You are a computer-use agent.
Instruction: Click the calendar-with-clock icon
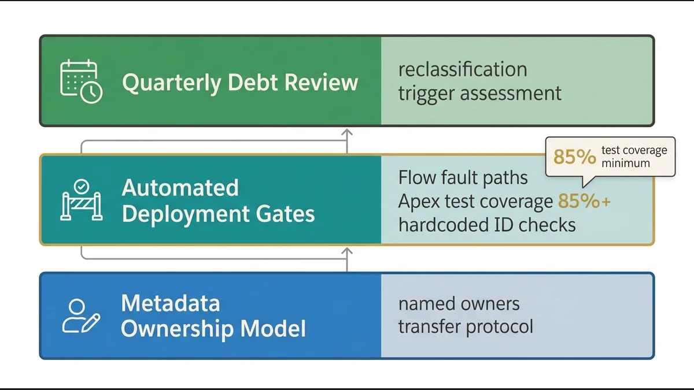81,82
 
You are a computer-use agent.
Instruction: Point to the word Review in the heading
324,83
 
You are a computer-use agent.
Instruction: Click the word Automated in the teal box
180,188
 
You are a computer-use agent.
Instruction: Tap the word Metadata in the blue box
171,303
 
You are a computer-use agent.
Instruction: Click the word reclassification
463,69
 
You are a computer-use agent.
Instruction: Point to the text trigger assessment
479,93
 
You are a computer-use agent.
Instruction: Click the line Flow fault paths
463,177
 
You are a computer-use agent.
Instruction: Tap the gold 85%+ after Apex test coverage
584,201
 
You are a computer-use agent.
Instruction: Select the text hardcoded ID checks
487,224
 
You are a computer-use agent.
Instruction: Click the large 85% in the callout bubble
574,157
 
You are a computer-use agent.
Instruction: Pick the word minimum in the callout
626,163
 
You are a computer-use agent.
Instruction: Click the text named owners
459,303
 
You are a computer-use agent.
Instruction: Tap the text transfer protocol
466,326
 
